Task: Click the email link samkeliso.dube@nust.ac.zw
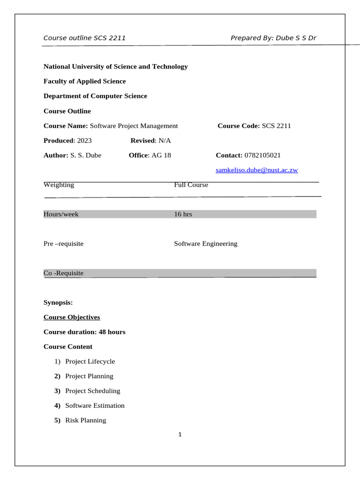point(256,170)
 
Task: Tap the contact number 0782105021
point(262,155)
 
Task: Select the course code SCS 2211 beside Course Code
point(276,126)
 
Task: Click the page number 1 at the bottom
point(180,435)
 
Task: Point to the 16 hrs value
point(183,214)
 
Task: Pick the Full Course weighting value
point(191,185)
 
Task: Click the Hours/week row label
point(61,214)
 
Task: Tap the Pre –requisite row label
point(63,244)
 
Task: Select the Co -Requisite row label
point(63,273)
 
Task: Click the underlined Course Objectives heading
point(72,317)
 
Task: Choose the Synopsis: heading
point(58,303)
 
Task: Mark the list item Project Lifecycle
point(90,361)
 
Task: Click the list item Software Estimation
point(95,405)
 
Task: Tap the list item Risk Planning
point(86,420)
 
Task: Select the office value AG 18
point(161,155)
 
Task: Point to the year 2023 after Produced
point(84,141)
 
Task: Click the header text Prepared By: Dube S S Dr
point(273,38)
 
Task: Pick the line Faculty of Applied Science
point(85,81)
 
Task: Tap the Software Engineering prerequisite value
point(206,244)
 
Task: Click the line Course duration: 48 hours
point(84,332)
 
